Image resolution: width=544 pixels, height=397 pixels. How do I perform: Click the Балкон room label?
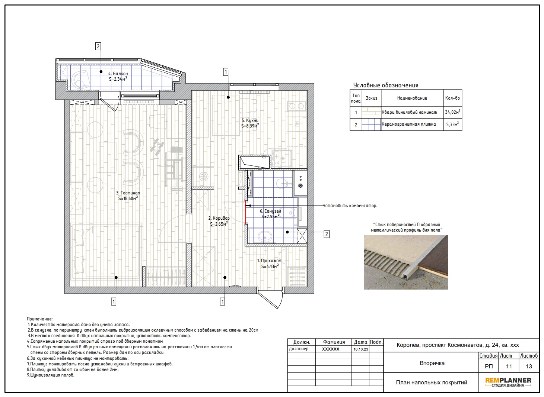pos(118,76)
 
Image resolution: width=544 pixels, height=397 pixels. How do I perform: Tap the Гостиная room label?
pos(128,196)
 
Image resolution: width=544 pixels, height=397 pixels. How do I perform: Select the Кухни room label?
pos(250,123)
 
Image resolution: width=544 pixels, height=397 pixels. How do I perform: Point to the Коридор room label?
pos(219,221)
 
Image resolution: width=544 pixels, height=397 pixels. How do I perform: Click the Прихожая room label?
pos(269,264)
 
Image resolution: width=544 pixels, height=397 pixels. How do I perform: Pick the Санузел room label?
pos(270,214)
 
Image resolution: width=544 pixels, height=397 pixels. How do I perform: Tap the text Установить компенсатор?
pos(350,206)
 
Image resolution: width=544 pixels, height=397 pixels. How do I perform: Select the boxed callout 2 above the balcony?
pos(98,46)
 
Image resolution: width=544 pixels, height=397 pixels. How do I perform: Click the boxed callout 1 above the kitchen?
pos(226,72)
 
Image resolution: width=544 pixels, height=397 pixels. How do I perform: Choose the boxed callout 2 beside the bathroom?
pos(327,234)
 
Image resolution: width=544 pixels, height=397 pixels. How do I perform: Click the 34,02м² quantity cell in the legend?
pos(452,112)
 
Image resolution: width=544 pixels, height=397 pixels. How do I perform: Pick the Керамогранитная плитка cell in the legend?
pos(409,124)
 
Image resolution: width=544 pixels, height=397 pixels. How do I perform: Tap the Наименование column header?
pos(412,98)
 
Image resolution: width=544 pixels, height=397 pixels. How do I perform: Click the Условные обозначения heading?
pos(386,85)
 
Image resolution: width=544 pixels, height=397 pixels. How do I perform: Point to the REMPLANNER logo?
pos(508,383)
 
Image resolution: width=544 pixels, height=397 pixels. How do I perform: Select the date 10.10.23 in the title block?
pos(361,349)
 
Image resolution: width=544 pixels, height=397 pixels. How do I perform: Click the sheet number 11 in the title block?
pos(509,367)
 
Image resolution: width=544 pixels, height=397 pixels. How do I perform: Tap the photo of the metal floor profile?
pos(406,262)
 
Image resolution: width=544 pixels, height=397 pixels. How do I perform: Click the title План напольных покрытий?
pos(432,383)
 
